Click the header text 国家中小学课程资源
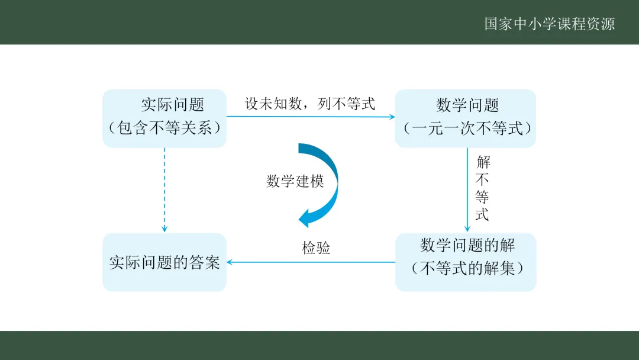click(550, 24)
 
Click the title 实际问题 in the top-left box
click(172, 105)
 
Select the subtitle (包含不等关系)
click(164, 128)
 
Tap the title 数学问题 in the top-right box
click(467, 105)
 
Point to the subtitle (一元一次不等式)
click(467, 128)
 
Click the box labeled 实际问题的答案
click(164, 262)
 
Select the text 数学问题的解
click(467, 245)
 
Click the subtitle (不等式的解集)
click(467, 268)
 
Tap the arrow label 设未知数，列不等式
click(310, 104)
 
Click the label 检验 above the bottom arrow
click(316, 248)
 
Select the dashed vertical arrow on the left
click(164, 189)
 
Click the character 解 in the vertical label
click(483, 162)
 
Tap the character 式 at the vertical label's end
click(483, 214)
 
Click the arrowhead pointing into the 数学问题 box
click(391, 117)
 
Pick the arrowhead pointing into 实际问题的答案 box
click(231, 262)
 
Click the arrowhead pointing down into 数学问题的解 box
click(467, 229)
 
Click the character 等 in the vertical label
click(483, 197)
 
